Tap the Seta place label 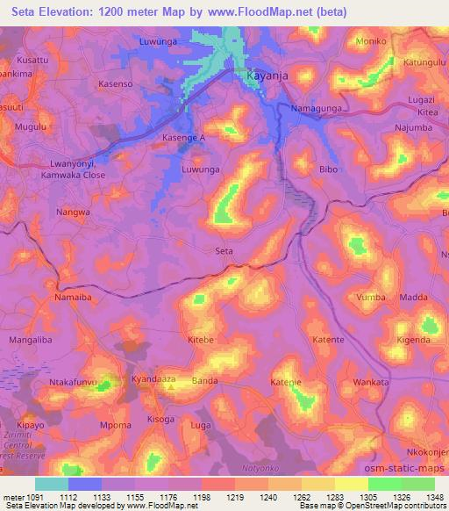point(224,251)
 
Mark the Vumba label point(371,298)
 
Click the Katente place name point(328,338)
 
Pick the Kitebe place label point(201,338)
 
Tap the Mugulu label point(30,127)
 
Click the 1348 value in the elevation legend point(424,496)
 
